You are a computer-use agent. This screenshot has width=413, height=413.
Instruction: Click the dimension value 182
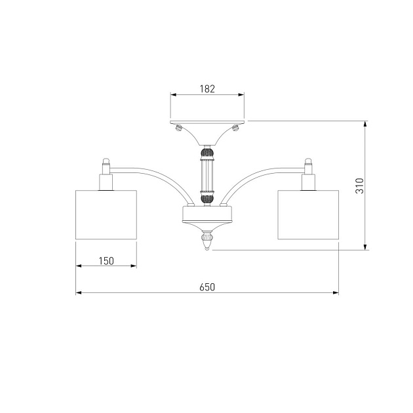pos(207,88)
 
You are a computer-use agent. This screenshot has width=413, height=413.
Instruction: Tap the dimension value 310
pos(359,186)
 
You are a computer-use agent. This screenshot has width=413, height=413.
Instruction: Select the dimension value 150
pos(106,261)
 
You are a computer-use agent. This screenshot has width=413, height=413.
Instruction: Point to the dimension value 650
pos(207,287)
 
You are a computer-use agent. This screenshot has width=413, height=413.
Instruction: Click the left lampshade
pos(106,214)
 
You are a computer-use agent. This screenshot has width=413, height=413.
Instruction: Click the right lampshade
pos(308,214)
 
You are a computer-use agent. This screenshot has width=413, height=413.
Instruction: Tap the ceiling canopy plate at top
pos(207,122)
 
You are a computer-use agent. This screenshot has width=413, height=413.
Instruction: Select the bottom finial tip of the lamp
pos(207,248)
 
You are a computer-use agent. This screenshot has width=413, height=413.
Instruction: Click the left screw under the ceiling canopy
pos(179,128)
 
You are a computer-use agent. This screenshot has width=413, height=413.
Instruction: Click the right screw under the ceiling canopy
pos(235,128)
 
